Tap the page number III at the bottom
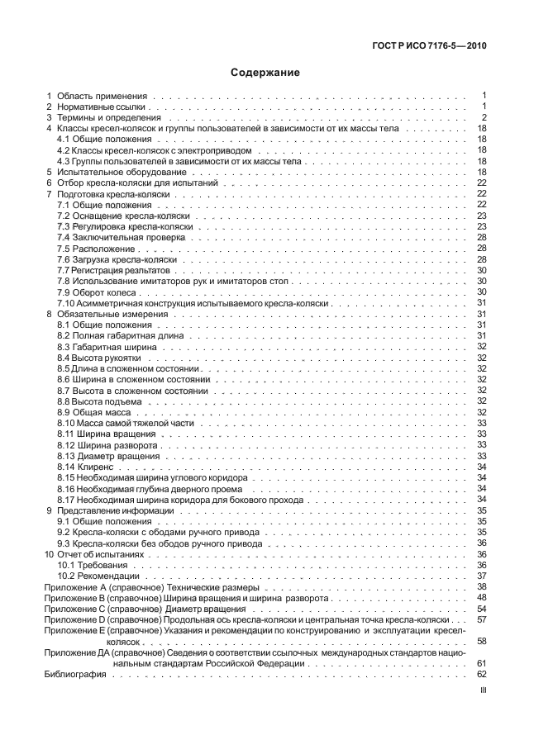(x=483, y=708)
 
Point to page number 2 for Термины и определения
(x=484, y=118)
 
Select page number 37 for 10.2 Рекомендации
(x=481, y=575)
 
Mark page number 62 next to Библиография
(x=481, y=675)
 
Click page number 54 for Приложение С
(x=481, y=608)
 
